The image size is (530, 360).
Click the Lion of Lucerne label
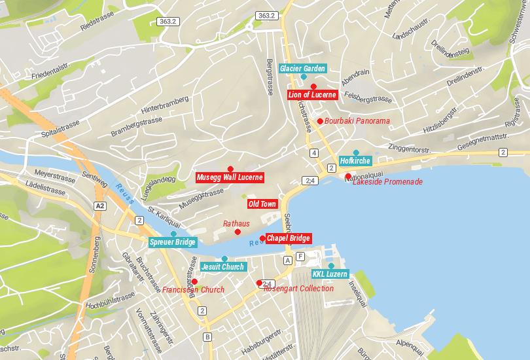pos(313,95)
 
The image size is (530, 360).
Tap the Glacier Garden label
pos(302,69)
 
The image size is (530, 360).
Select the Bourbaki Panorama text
pos(357,121)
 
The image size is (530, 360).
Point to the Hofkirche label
pos(355,161)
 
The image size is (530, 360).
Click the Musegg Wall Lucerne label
pos(230,177)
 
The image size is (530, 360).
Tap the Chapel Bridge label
pos(288,238)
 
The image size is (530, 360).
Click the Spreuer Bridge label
pos(173,243)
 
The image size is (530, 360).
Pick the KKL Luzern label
pos(330,274)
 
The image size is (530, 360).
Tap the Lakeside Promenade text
pos(387,182)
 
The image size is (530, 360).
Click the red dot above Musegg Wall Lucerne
pos(230,169)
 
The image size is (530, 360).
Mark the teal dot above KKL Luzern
pos(331,265)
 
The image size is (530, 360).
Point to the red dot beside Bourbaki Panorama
pos(320,121)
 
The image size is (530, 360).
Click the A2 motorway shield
pos(99,206)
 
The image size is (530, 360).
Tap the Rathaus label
pos(236,224)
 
